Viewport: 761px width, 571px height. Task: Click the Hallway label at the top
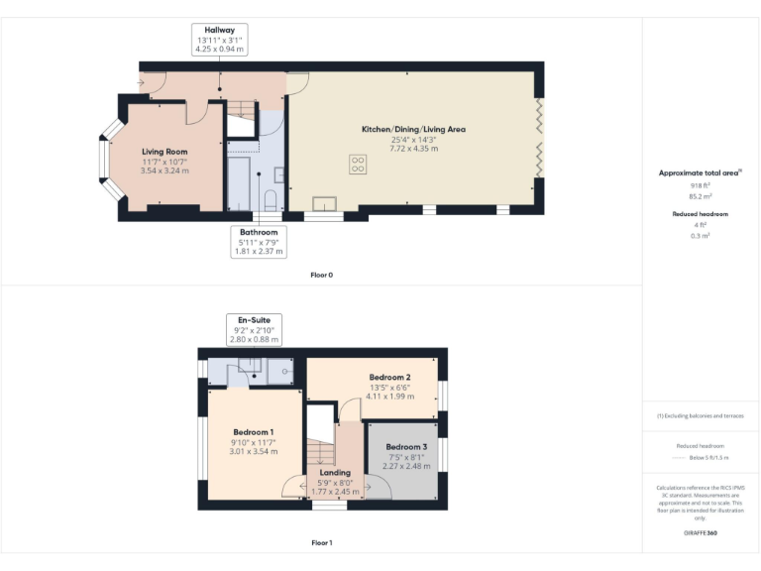click(x=220, y=31)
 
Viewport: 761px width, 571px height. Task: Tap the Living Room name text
click(x=164, y=152)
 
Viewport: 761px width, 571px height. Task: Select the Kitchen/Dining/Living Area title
click(x=413, y=129)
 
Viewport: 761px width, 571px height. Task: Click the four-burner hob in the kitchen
click(x=358, y=166)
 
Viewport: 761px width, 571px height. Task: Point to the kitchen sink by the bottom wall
click(x=324, y=204)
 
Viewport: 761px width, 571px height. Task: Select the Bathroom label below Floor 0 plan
click(x=259, y=232)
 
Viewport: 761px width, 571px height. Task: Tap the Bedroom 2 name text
click(x=389, y=378)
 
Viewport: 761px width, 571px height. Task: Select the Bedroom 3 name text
click(x=406, y=446)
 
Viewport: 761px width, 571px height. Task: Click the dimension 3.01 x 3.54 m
click(x=254, y=452)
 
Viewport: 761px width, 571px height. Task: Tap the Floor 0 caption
click(x=321, y=274)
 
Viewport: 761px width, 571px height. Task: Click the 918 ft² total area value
click(x=701, y=185)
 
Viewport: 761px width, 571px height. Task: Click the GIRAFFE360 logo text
click(x=700, y=534)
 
